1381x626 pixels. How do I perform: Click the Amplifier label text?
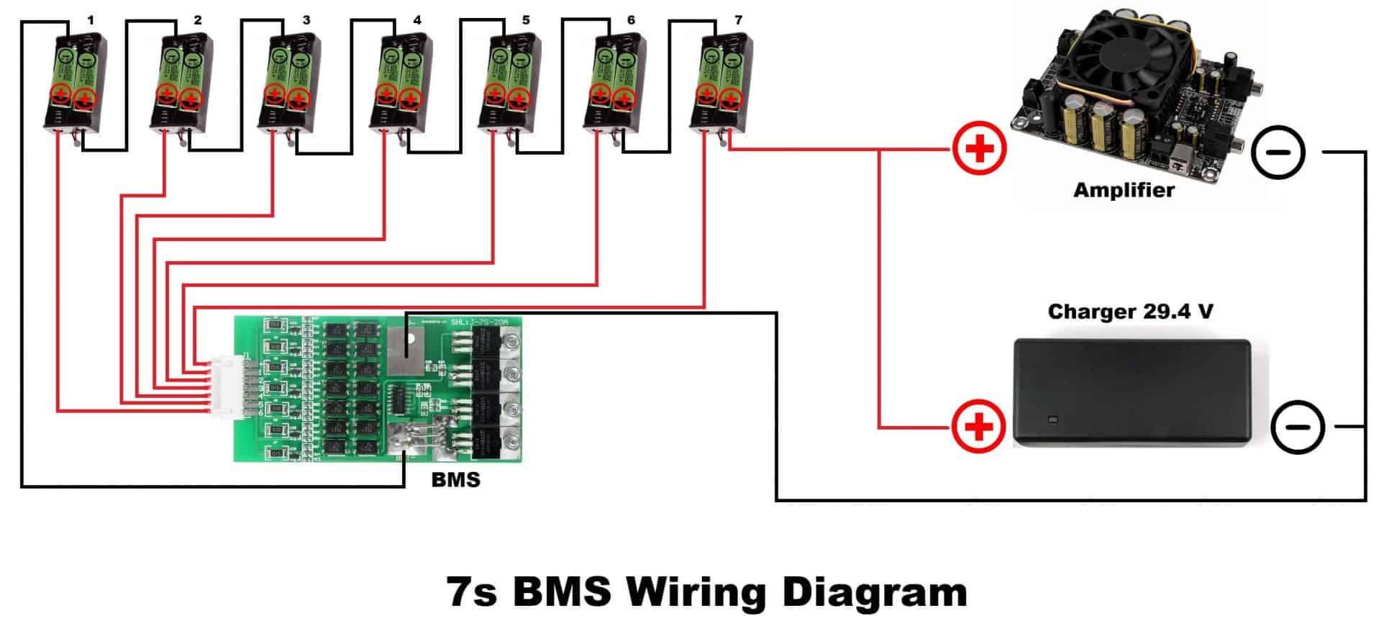coord(1124,190)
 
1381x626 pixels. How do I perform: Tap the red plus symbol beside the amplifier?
coord(978,149)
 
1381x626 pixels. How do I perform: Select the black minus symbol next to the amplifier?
coord(1278,152)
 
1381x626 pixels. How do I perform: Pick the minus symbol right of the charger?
coord(1298,427)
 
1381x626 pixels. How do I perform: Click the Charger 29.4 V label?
coord(1130,312)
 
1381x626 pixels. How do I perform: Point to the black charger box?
coord(1132,392)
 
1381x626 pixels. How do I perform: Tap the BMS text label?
coord(455,479)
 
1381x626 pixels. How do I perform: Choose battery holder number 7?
coord(719,83)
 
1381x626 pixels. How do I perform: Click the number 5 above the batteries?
coord(526,20)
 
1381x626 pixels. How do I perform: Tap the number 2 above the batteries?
coord(198,20)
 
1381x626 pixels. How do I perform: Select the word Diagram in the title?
coord(874,591)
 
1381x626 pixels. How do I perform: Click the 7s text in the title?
coord(471,591)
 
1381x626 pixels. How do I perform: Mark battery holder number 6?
coord(614,83)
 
